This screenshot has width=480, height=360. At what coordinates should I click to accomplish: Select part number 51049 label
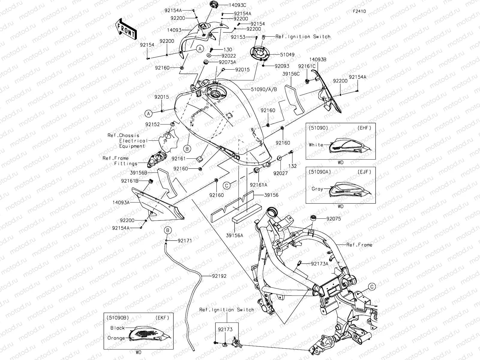(x=287, y=55)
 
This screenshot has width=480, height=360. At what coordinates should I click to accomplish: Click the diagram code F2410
(x=359, y=11)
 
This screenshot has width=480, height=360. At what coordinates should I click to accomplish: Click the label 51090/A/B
(x=264, y=89)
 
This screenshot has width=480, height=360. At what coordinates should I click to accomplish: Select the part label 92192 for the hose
(x=219, y=276)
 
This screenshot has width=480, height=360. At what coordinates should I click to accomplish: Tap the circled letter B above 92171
(x=168, y=230)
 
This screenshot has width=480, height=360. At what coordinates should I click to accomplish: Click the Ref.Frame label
(x=359, y=245)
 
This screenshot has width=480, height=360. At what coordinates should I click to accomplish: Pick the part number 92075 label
(x=334, y=219)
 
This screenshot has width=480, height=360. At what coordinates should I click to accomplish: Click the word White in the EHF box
(x=316, y=145)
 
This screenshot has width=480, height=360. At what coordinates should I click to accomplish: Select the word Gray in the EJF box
(x=317, y=189)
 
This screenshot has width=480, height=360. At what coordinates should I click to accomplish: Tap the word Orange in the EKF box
(x=116, y=338)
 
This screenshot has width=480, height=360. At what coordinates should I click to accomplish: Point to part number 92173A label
(x=319, y=264)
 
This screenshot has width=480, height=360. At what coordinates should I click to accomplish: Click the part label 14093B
(x=318, y=59)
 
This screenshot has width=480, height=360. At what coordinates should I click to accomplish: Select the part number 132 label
(x=292, y=166)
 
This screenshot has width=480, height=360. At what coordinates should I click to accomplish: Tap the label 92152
(x=161, y=124)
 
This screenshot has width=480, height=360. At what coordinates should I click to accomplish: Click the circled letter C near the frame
(x=372, y=286)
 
